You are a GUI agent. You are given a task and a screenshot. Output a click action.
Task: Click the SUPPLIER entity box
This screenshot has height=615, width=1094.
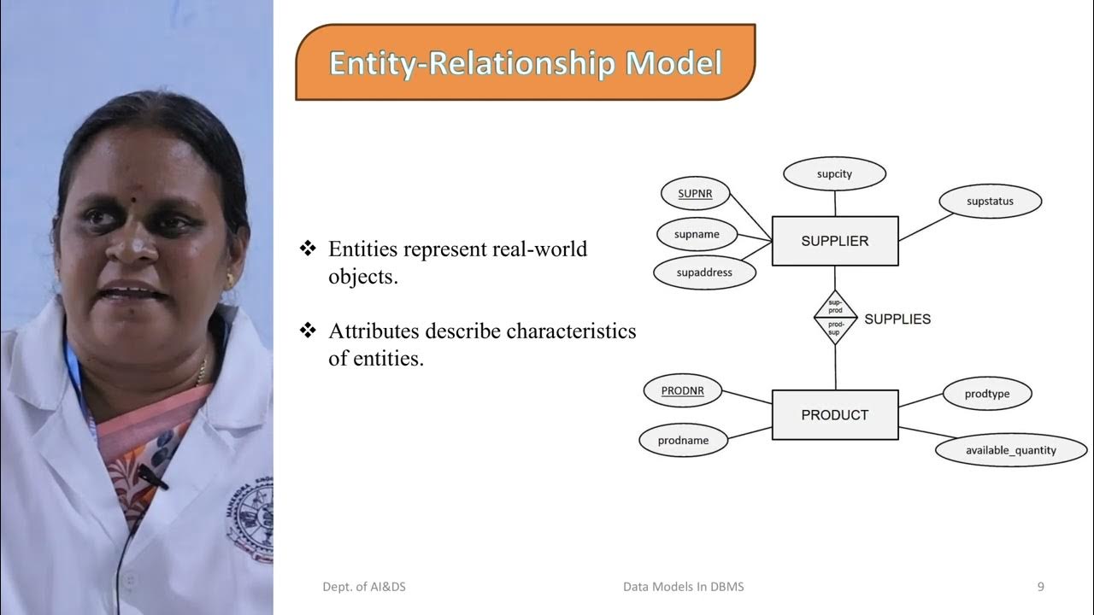pyautogui.click(x=835, y=241)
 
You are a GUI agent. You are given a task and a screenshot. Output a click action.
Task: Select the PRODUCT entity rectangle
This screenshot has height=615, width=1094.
pyautogui.click(x=835, y=415)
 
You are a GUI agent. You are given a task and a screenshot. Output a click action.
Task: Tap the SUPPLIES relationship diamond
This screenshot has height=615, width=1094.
pyautogui.click(x=835, y=318)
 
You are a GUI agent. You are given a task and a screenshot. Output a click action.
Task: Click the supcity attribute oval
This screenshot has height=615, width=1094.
pyautogui.click(x=834, y=173)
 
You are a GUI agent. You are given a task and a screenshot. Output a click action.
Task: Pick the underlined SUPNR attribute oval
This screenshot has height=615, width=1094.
pyautogui.click(x=695, y=194)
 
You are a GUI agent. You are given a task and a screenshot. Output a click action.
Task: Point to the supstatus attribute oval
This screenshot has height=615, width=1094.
pyautogui.click(x=990, y=202)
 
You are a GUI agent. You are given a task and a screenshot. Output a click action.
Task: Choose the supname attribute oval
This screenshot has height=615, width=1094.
pyautogui.click(x=697, y=234)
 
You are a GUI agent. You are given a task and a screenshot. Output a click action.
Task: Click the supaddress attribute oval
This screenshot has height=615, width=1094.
pyautogui.click(x=704, y=273)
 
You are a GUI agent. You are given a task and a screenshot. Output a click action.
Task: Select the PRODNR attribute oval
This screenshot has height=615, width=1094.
pyautogui.click(x=682, y=390)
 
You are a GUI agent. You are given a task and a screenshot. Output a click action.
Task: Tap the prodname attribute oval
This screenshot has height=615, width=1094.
pyautogui.click(x=683, y=441)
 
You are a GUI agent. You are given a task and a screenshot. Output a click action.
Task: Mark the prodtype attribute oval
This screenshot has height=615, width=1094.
pyautogui.click(x=987, y=394)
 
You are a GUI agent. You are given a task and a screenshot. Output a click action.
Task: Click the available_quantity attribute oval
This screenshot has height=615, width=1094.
pyautogui.click(x=1011, y=450)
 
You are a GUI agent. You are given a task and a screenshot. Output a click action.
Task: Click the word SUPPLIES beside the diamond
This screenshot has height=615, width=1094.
pyautogui.click(x=897, y=319)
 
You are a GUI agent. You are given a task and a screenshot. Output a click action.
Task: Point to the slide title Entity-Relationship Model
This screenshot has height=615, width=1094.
pyautogui.click(x=525, y=64)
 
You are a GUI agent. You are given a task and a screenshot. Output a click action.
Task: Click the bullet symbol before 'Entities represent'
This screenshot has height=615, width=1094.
pyautogui.click(x=308, y=249)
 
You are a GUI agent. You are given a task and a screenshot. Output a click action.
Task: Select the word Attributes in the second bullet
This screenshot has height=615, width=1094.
pyautogui.click(x=373, y=331)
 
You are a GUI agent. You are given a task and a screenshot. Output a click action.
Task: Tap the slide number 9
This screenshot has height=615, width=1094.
pyautogui.click(x=1040, y=587)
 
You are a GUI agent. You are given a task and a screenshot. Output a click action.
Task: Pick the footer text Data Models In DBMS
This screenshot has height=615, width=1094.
pyautogui.click(x=683, y=587)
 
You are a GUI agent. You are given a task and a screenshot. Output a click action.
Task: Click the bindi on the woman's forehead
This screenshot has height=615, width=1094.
pyautogui.click(x=134, y=200)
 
